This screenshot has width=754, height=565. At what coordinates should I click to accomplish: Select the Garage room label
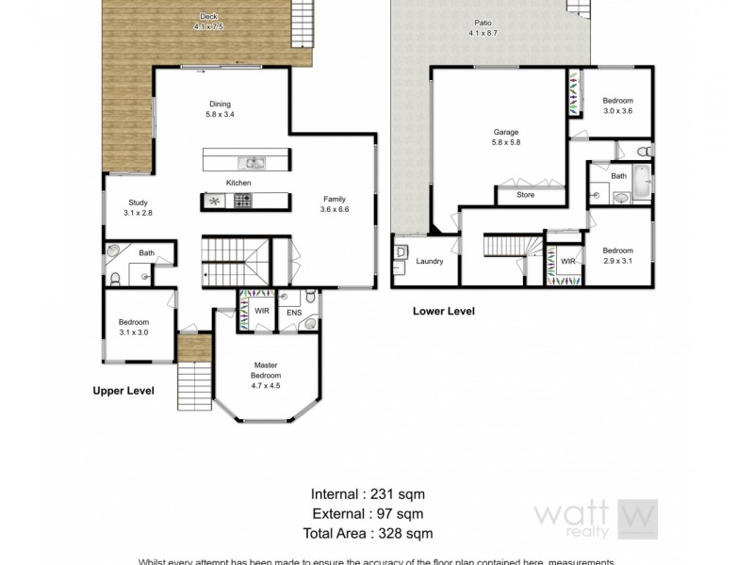[506, 132]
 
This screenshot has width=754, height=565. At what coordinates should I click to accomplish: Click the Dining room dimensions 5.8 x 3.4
[219, 114]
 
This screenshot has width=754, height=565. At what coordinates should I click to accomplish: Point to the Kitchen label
[238, 182]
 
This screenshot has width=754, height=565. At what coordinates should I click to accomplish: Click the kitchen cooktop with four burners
[243, 201]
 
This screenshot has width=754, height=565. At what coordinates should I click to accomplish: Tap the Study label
[138, 202]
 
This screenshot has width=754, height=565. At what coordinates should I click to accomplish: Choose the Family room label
[335, 199]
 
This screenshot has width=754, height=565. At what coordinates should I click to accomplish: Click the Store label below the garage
[525, 195]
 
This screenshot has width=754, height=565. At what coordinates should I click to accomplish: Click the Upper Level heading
[123, 389]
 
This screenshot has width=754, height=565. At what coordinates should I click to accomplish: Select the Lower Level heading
[444, 311]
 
